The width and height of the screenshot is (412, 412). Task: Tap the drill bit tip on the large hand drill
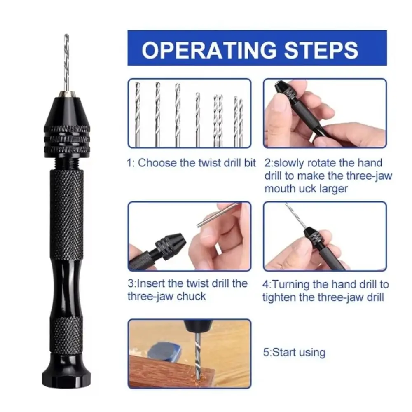pos(66,35)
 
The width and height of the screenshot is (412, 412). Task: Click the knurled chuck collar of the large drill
pos(67,140)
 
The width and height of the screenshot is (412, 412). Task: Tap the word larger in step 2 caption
pos(333,189)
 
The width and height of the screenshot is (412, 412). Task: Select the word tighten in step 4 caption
pos(279,297)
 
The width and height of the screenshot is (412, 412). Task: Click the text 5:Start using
pos(294,352)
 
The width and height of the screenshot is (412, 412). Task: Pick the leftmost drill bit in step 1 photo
pos(138,114)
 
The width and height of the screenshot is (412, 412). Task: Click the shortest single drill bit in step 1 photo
pos(198,119)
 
